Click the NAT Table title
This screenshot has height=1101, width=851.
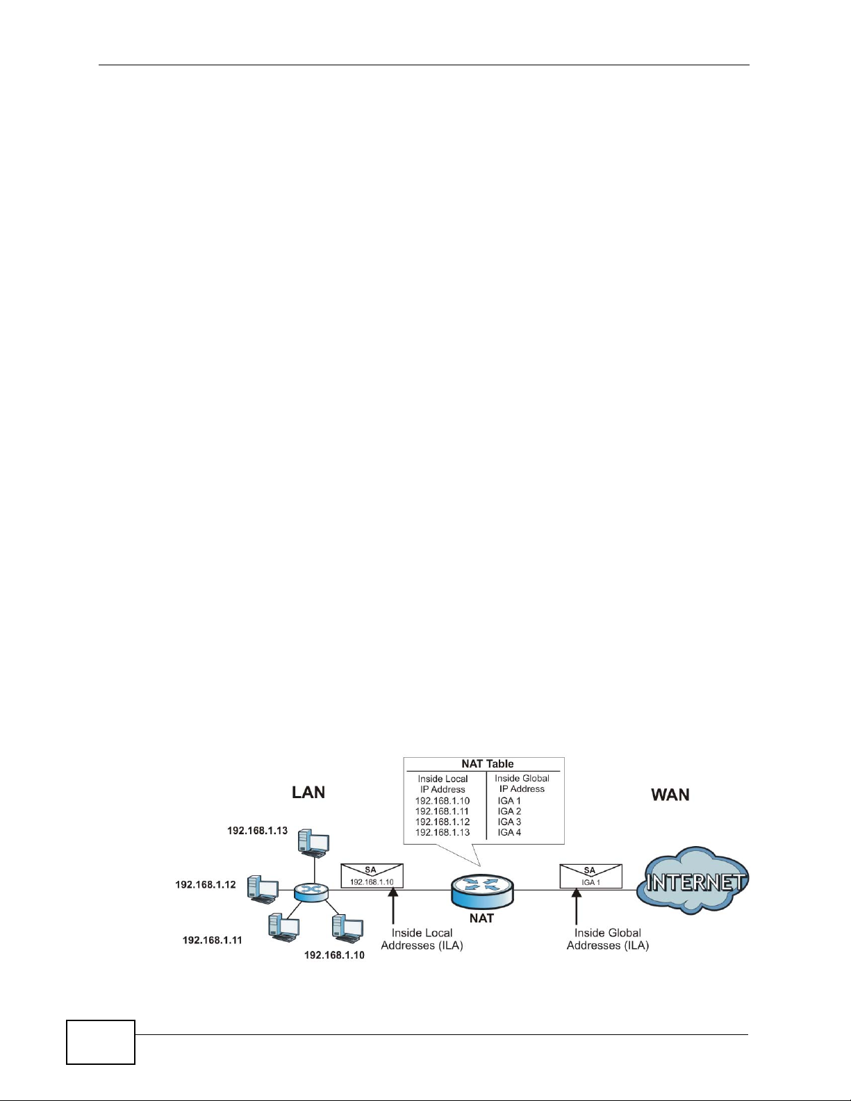(x=487, y=763)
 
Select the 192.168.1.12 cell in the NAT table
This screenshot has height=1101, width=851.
(x=443, y=822)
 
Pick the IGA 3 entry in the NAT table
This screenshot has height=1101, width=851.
(x=509, y=822)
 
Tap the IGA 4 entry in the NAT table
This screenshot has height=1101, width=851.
(x=509, y=832)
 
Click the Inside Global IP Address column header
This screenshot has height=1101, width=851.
(x=522, y=784)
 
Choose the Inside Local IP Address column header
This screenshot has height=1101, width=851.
(x=443, y=784)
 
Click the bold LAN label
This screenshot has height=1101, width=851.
(x=308, y=793)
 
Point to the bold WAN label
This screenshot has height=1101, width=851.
(x=670, y=795)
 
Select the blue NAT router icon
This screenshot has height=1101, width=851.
(x=481, y=891)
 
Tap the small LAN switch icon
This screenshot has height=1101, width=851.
(x=311, y=893)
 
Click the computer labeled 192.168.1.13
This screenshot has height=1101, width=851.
(x=313, y=843)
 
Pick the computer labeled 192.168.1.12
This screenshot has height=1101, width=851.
(x=263, y=890)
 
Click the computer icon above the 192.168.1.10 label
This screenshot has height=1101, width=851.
(x=347, y=929)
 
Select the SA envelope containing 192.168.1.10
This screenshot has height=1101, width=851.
(x=372, y=876)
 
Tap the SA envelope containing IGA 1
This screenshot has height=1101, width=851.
(x=590, y=876)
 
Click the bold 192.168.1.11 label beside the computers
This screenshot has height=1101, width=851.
(x=213, y=941)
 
